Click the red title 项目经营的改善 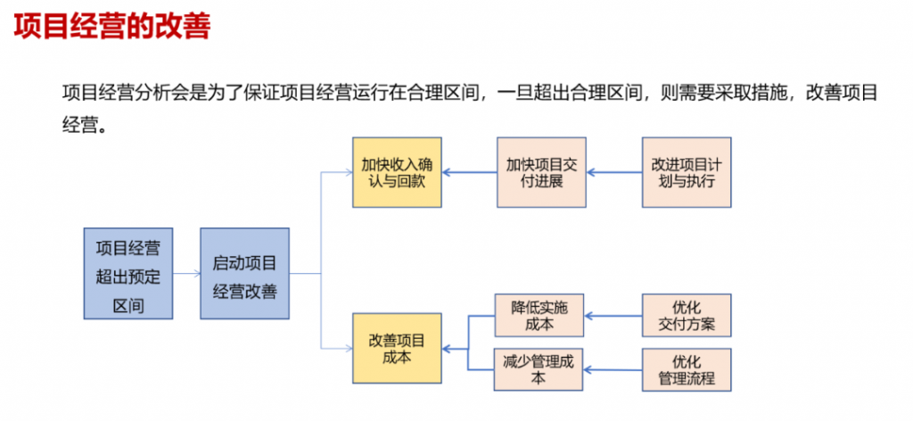tap(111, 26)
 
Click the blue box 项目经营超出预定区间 tap(128, 274)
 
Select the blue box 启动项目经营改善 tap(244, 274)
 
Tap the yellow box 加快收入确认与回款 tap(397, 172)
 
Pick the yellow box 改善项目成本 tap(397, 348)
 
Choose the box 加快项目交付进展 tap(541, 172)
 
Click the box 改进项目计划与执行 tap(686, 172)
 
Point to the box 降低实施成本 tap(539, 315)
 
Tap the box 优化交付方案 tap(687, 315)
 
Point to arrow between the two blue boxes tap(186, 274)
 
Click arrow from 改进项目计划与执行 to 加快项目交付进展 tap(614, 172)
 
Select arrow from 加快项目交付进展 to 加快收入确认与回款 tap(469, 172)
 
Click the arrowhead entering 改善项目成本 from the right tap(448, 348)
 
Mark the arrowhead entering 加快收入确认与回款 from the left tap(347, 172)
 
